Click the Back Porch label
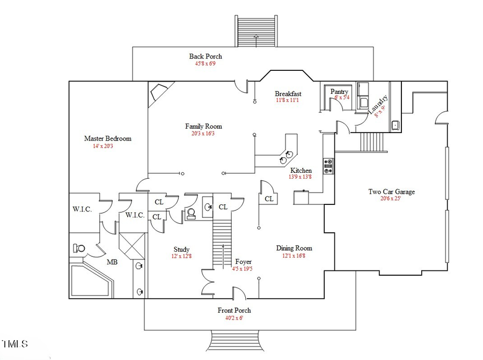click(205, 56)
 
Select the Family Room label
click(203, 127)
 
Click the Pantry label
click(339, 92)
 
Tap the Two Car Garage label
click(391, 192)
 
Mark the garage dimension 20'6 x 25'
click(391, 199)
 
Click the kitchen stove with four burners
click(328, 166)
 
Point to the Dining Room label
click(294, 248)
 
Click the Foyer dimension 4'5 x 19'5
click(242, 269)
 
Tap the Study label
click(181, 249)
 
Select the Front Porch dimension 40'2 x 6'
click(234, 318)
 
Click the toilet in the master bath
click(79, 248)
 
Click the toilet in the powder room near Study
click(190, 214)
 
